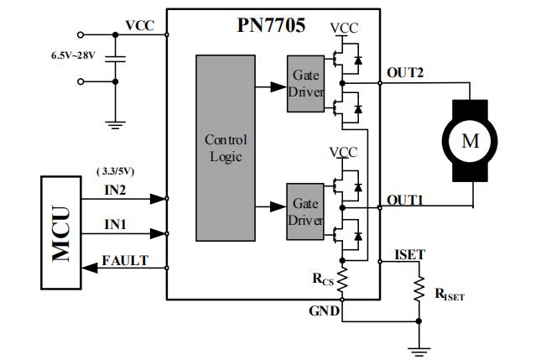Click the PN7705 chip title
(270, 25)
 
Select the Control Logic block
(226, 148)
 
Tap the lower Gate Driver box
(305, 211)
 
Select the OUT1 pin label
(404, 201)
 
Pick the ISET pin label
(409, 254)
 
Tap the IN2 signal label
(116, 190)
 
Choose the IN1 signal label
(116, 225)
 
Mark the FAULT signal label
(125, 260)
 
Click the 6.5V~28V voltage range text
(75, 55)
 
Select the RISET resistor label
(449, 295)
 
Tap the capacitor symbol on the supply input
(117, 59)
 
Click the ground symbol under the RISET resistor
(419, 348)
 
